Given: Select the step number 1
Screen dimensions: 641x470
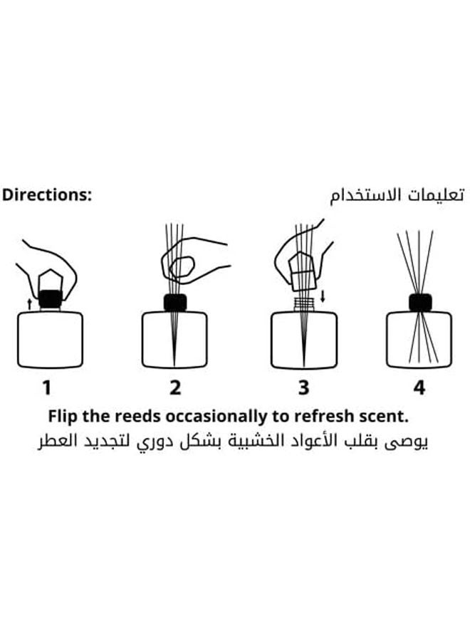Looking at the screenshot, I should pyautogui.click(x=46, y=388).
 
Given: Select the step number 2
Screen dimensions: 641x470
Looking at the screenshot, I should pyautogui.click(x=175, y=388).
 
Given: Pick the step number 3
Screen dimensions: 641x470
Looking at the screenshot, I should pyautogui.click(x=304, y=388).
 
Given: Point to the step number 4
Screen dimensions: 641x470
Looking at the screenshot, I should pyautogui.click(x=419, y=388).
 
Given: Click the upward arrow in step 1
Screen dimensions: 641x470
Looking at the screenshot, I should pyautogui.click(x=29, y=303).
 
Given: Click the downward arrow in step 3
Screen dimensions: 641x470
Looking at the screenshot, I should pyautogui.click(x=323, y=295).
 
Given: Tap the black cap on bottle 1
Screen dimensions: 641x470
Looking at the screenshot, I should pyautogui.click(x=50, y=299).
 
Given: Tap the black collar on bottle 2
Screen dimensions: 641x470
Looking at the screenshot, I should pyautogui.click(x=175, y=303).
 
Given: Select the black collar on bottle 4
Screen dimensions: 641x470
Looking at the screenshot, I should pyautogui.click(x=420, y=303).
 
